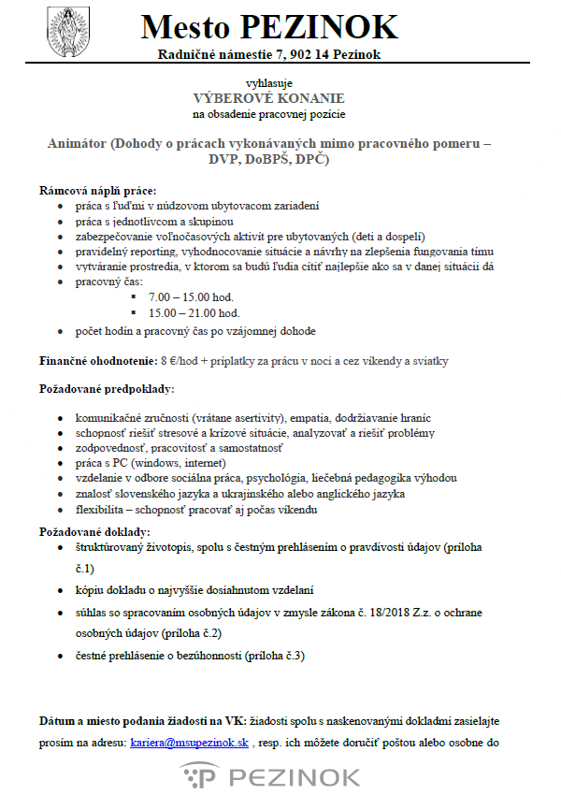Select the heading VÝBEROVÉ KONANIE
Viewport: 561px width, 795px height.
click(x=268, y=98)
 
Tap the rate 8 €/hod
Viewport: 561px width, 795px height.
click(x=178, y=360)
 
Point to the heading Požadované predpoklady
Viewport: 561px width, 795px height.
click(x=107, y=387)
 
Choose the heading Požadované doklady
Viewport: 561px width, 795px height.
click(x=94, y=530)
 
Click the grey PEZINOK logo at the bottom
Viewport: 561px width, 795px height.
click(x=270, y=775)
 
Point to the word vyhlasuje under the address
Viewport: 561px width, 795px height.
click(x=268, y=82)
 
